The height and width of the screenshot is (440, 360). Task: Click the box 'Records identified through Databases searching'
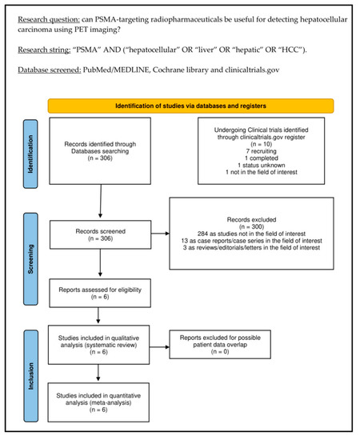pyautogui.click(x=100, y=153)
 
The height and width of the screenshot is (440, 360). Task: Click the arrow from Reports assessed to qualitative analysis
pyautogui.click(x=100, y=316)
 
